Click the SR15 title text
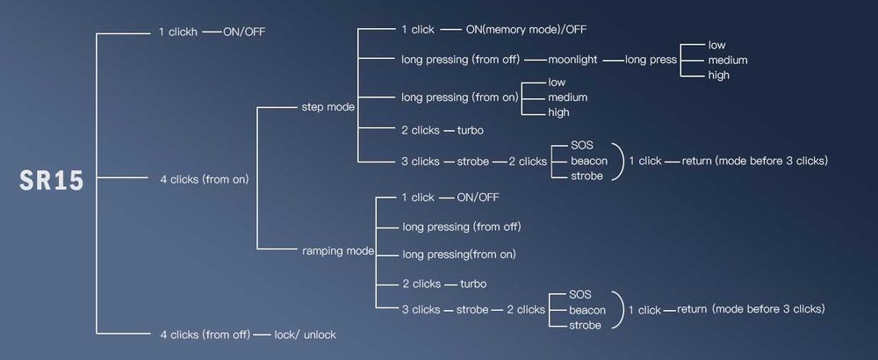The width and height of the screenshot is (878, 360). pyautogui.click(x=52, y=181)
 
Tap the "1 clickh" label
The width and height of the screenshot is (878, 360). pyautogui.click(x=178, y=32)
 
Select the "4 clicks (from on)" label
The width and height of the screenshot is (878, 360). pyautogui.click(x=205, y=180)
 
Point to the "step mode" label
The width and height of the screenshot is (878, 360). pyautogui.click(x=327, y=107)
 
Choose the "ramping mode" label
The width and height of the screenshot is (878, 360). pyautogui.click(x=338, y=251)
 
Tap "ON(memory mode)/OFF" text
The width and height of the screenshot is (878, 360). pyautogui.click(x=525, y=29)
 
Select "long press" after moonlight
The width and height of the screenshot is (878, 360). pyautogui.click(x=651, y=60)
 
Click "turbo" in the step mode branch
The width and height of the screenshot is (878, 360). pyautogui.click(x=470, y=130)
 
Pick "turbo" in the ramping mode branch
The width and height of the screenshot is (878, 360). pyautogui.click(x=472, y=284)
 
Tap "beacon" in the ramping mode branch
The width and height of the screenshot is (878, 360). pyautogui.click(x=587, y=310)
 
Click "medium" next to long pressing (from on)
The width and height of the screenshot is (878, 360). pyautogui.click(x=567, y=97)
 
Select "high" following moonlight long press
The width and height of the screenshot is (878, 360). pyautogui.click(x=719, y=76)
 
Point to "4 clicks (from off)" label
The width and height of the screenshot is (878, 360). pyautogui.click(x=203, y=335)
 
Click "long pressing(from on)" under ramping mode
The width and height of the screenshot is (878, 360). pyautogui.click(x=458, y=255)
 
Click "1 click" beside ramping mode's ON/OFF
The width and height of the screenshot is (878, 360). pyautogui.click(x=418, y=197)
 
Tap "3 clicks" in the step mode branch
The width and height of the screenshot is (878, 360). pyautogui.click(x=420, y=162)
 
